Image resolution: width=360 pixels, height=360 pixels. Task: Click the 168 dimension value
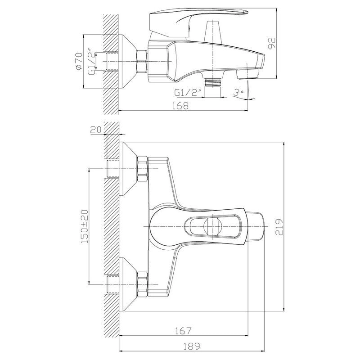click(x=180, y=106)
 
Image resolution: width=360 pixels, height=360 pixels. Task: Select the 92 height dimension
click(x=272, y=43)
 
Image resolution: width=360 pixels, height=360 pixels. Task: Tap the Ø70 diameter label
click(x=78, y=61)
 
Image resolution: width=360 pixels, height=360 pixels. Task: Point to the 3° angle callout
click(x=238, y=93)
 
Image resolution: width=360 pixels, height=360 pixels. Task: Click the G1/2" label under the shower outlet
click(x=188, y=93)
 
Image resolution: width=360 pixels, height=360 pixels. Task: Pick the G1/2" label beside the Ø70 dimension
click(x=91, y=61)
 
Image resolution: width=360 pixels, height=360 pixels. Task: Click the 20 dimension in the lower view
click(x=96, y=130)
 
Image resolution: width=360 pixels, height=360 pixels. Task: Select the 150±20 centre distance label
click(x=84, y=226)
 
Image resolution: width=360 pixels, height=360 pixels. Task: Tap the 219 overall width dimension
click(x=279, y=227)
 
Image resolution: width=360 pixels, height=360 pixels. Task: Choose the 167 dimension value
click(x=183, y=331)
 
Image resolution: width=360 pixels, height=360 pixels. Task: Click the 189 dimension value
click(x=192, y=346)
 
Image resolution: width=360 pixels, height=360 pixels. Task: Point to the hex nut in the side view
click(x=142, y=62)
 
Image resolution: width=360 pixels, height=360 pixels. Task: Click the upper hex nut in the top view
click(x=142, y=169)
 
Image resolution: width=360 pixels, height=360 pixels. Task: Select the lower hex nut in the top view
click(x=142, y=285)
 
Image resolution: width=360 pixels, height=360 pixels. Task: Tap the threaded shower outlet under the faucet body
click(x=213, y=82)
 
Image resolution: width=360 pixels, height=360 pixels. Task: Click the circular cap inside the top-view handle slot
click(x=212, y=226)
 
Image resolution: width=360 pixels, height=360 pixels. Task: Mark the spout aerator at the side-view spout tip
click(x=247, y=74)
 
